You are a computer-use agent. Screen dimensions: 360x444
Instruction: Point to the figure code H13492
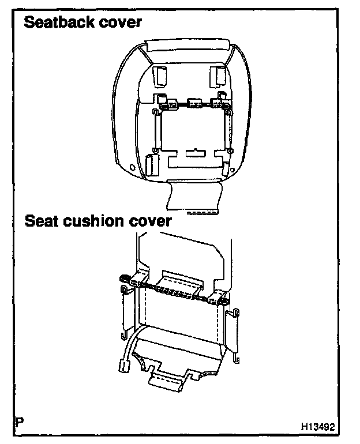(317, 428)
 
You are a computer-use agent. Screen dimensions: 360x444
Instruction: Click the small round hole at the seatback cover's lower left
(134, 167)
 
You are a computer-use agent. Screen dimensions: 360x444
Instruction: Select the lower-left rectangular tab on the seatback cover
(151, 165)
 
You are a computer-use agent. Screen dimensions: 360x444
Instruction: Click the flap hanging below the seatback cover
(194, 196)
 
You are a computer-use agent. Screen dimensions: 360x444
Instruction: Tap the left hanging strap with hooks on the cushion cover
(125, 311)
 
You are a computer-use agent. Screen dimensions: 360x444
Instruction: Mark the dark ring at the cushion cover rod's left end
(123, 279)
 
